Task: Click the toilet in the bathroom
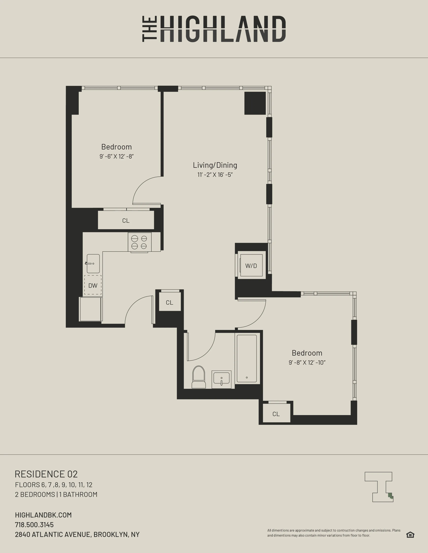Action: (x=199, y=377)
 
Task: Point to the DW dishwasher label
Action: (x=93, y=286)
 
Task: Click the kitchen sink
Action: (x=93, y=264)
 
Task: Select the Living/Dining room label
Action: (x=215, y=165)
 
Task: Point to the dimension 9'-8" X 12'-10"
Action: (x=307, y=363)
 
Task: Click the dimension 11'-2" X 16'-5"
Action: (x=215, y=175)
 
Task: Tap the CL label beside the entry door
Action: (x=169, y=303)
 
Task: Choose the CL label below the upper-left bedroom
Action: (x=126, y=221)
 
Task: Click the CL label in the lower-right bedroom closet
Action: (x=276, y=414)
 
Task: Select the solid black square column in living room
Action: (x=255, y=103)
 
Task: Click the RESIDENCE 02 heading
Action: (x=46, y=474)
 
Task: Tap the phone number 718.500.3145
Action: (x=34, y=525)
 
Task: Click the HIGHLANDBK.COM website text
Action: (x=43, y=515)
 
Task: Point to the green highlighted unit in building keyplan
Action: (x=390, y=496)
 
